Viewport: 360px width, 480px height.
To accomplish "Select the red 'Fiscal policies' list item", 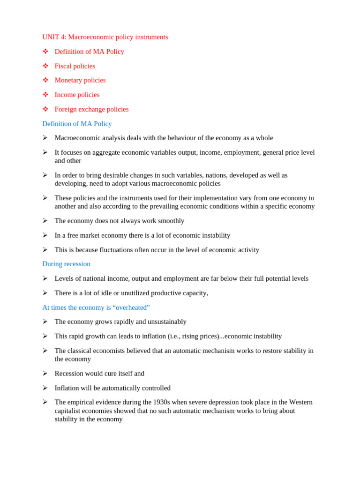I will [x=75, y=66].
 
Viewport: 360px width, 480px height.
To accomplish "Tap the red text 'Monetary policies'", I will [x=80, y=80].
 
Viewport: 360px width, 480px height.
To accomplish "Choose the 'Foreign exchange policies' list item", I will [x=91, y=109].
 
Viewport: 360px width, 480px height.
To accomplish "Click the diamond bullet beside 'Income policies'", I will [x=45, y=95].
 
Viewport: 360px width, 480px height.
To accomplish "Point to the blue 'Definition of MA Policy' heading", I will [x=77, y=124].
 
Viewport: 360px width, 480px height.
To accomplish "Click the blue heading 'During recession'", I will [x=66, y=264].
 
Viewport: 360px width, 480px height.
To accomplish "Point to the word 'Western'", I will [x=300, y=402].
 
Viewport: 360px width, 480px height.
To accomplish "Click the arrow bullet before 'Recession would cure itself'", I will [x=45, y=374].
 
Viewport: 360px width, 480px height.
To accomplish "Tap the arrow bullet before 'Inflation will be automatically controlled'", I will [x=45, y=388].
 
